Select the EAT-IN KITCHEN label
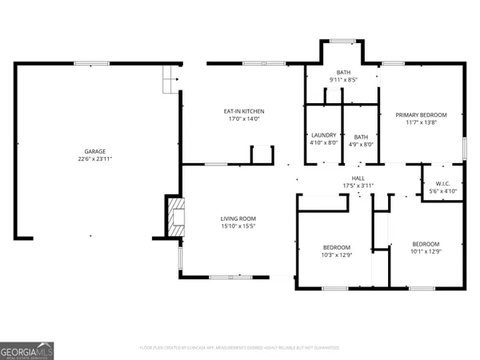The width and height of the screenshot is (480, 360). (243, 111)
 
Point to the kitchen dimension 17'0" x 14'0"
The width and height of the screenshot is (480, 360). (243, 119)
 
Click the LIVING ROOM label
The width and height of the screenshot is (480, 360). (238, 218)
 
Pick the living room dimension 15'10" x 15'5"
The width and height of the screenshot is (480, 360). (238, 226)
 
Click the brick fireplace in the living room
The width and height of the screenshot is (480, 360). (174, 215)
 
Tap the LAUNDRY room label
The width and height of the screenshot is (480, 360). (323, 135)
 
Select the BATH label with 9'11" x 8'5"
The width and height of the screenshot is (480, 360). (342, 72)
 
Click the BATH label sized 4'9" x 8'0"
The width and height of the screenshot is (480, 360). (361, 136)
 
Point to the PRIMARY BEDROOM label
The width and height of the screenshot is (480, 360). (421, 115)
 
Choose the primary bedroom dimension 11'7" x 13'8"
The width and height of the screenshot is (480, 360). (421, 123)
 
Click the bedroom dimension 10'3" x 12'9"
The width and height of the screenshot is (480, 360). (337, 255)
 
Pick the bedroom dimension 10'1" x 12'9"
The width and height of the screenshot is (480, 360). (426, 252)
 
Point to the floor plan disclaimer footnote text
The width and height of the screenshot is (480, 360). (240, 348)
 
